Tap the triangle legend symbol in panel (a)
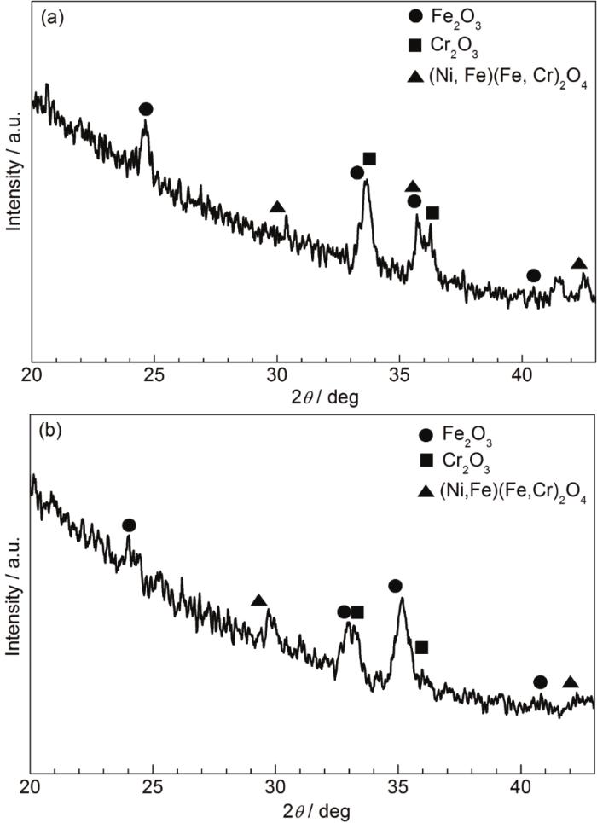click(x=415, y=78)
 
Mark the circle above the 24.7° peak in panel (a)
click(x=146, y=109)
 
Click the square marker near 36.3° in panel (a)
click(x=432, y=213)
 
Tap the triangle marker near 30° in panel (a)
click(x=277, y=207)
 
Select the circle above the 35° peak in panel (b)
click(x=395, y=586)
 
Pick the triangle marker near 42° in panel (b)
click(x=571, y=682)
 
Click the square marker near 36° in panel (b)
click(x=421, y=648)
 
